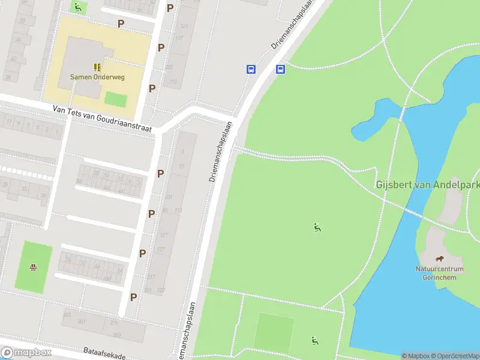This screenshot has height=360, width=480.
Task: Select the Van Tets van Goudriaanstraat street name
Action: tap(102, 118)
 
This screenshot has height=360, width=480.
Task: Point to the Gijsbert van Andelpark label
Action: tap(428, 184)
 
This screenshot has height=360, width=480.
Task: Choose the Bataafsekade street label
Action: tap(105, 353)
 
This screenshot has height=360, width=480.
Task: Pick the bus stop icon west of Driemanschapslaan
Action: tap(251, 69)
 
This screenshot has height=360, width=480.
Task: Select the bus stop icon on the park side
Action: tap(280, 69)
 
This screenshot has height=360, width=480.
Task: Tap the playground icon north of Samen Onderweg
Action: tap(77, 7)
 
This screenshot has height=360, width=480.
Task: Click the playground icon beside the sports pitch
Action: tap(314, 341)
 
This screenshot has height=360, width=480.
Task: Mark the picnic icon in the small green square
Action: tap(34, 268)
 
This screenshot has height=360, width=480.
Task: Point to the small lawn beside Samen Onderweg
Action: tap(116, 99)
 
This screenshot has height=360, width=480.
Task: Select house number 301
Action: tap(82, 322)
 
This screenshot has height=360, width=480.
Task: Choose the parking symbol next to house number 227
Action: tap(134, 296)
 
